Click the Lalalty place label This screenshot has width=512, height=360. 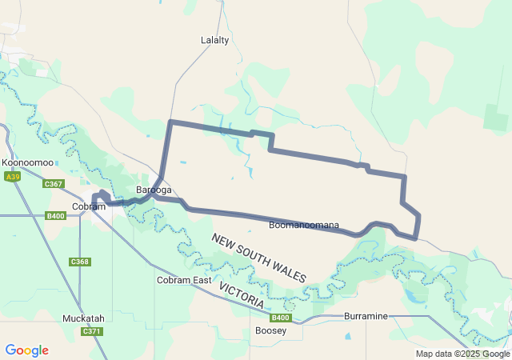(x=214, y=39)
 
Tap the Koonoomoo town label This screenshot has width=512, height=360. (x=28, y=162)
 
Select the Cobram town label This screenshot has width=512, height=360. (x=88, y=206)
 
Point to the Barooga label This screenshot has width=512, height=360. (x=154, y=190)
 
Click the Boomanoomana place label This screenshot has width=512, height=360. (x=304, y=225)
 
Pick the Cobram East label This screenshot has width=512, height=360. (x=184, y=280)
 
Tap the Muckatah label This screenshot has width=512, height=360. (x=83, y=318)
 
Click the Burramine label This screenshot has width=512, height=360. (x=366, y=316)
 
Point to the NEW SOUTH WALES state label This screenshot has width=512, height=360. (x=258, y=258)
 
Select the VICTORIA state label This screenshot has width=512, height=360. (x=241, y=296)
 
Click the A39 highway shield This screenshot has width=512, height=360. (x=12, y=176)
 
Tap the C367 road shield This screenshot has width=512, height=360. (x=54, y=184)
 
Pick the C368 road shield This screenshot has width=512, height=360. (x=80, y=262)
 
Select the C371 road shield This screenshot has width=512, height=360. (x=92, y=331)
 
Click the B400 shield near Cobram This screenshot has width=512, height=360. (x=55, y=216)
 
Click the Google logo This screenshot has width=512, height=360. (x=26, y=350)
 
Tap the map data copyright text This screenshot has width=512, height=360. (x=462, y=354)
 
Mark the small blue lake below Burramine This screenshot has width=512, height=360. (x=347, y=336)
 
